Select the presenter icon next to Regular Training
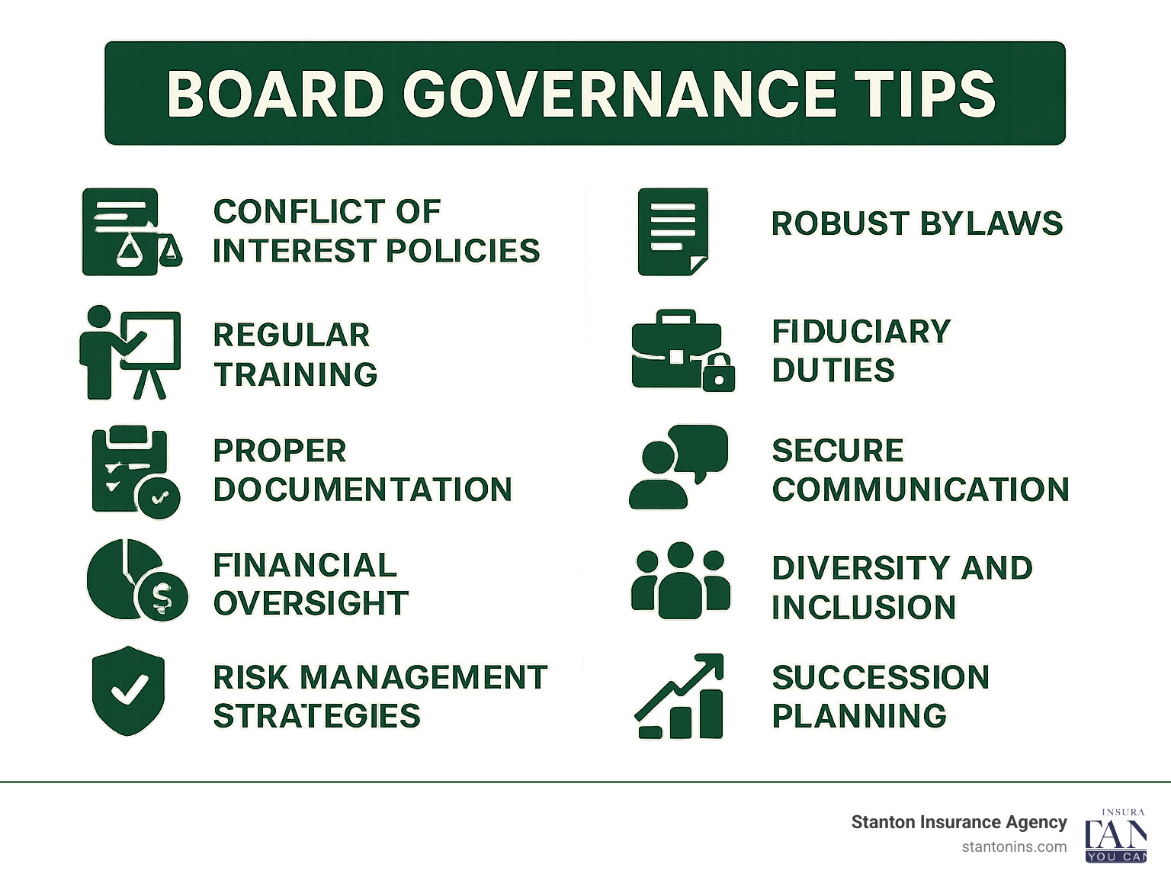point(130,352)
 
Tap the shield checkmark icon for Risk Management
point(128,691)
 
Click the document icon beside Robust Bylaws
point(672,232)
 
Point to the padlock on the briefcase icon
point(718,372)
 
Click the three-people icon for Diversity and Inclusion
point(680,580)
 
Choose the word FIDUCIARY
point(861,332)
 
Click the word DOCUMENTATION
point(362,490)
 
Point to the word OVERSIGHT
point(310,603)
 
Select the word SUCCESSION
point(880,677)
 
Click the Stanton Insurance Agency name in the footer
point(958,822)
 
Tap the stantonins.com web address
point(1014,846)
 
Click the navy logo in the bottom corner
point(1115,837)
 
